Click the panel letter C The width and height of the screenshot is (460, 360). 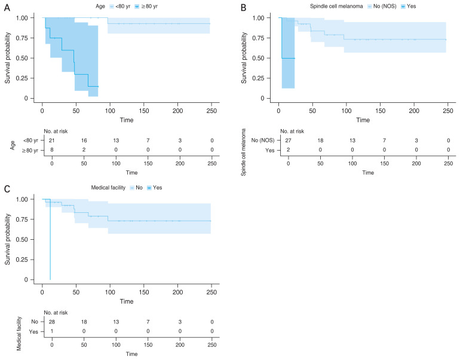click(x=6, y=188)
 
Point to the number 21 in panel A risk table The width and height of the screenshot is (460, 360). click(x=52, y=139)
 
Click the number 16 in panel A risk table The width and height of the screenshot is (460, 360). click(x=85, y=139)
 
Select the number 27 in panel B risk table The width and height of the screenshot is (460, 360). click(x=289, y=139)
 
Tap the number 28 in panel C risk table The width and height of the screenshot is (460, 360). click(x=52, y=321)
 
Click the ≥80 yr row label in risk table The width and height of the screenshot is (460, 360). click(x=29, y=150)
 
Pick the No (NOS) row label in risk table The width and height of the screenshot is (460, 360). click(x=262, y=139)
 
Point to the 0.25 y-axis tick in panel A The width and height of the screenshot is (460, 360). click(x=27, y=78)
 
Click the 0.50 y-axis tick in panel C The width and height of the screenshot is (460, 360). click(x=27, y=239)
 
